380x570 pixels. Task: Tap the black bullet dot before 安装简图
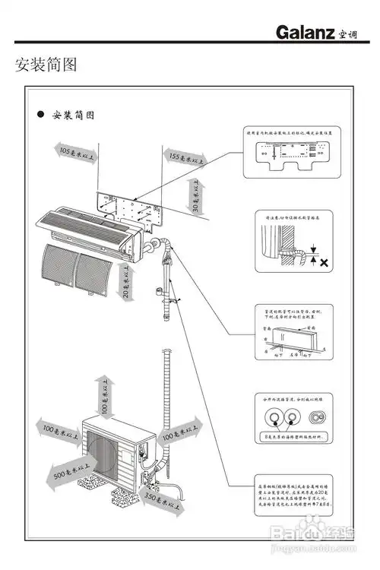click(x=41, y=116)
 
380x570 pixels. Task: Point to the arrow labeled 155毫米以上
click(x=187, y=159)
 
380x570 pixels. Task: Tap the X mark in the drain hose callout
click(x=325, y=263)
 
